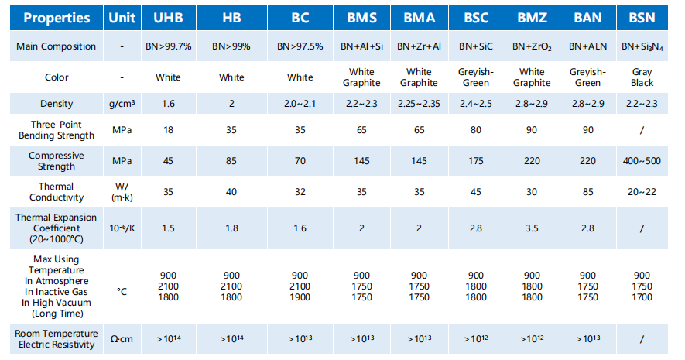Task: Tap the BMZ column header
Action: [532, 17]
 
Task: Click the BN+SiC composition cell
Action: [475, 46]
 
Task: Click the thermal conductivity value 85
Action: [588, 191]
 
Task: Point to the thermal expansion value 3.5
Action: [532, 228]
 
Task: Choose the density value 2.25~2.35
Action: [419, 104]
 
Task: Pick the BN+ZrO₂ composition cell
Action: [532, 46]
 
